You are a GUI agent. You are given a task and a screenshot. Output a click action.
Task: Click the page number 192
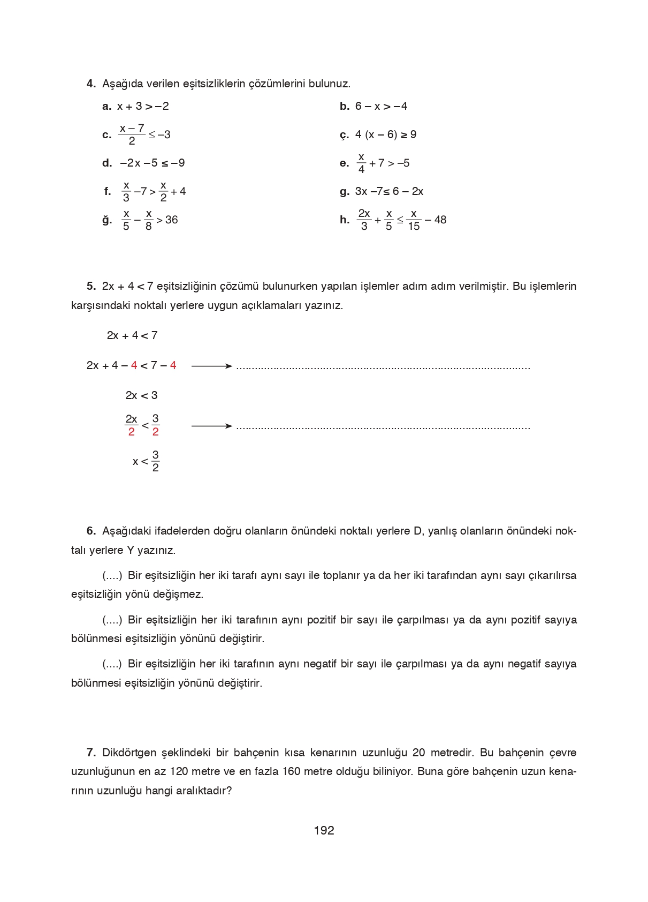(x=324, y=830)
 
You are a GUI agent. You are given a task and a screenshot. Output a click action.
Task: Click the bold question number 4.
(x=91, y=84)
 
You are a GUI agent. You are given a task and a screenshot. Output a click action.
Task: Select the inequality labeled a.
(x=143, y=106)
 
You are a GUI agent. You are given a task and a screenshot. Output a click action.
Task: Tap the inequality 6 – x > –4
(x=381, y=106)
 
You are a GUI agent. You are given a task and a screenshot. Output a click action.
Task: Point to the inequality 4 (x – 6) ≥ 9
(x=386, y=134)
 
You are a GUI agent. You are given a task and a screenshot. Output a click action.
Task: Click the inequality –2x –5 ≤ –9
(x=153, y=163)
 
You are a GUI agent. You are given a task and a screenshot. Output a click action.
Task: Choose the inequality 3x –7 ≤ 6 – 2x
(x=389, y=191)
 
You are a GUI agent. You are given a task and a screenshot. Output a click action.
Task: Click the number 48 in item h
(x=440, y=220)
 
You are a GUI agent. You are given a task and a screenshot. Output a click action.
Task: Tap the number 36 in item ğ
(x=172, y=220)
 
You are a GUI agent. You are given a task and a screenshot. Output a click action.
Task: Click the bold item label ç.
(x=344, y=135)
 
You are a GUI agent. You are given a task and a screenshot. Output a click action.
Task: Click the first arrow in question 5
(x=212, y=366)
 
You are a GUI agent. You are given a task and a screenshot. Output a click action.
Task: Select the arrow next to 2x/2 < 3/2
(x=212, y=426)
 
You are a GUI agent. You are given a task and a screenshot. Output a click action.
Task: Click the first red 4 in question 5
(x=134, y=365)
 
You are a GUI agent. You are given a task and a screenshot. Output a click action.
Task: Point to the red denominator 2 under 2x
(x=131, y=432)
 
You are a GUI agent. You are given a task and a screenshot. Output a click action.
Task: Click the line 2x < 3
(x=141, y=395)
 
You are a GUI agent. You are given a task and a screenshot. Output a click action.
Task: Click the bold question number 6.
(x=91, y=531)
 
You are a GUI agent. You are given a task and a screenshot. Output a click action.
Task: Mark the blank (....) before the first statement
(x=112, y=575)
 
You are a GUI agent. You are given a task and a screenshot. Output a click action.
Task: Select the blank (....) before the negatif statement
(x=112, y=664)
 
